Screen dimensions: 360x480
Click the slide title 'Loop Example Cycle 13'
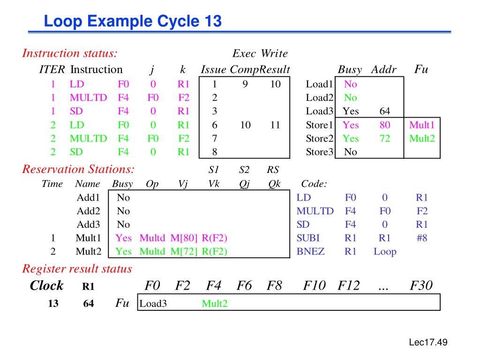[133, 22]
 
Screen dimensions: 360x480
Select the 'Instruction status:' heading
[70, 53]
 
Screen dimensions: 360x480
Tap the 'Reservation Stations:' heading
[78, 169]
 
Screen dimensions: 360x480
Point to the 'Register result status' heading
[77, 269]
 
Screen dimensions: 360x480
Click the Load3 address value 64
[385, 112]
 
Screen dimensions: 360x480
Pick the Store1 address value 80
[385, 125]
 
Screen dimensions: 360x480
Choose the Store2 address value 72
[385, 139]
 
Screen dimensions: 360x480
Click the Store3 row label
[319, 152]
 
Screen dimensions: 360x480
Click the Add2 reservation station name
[89, 211]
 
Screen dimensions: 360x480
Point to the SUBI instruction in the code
[308, 238]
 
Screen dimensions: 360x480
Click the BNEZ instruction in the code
[310, 252]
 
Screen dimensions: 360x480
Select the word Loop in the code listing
[385, 252]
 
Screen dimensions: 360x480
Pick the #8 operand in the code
[422, 238]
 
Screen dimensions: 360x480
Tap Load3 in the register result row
[153, 304]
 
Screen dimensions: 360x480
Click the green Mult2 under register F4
[215, 304]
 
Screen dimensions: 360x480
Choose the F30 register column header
[421, 285]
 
